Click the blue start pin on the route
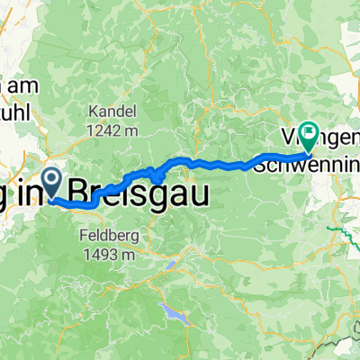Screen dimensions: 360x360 pyautogui.click(x=50, y=184)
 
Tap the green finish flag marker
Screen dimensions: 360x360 pyautogui.click(x=309, y=137)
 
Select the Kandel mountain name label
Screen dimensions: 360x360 pyautogui.click(x=112, y=112)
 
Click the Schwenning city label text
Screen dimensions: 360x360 pyautogui.click(x=306, y=164)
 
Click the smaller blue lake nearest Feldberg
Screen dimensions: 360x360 pyautogui.click(x=171, y=266)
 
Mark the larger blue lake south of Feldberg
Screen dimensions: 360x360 pyautogui.click(x=172, y=312)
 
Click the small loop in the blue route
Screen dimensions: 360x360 pyautogui.click(x=157, y=177)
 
